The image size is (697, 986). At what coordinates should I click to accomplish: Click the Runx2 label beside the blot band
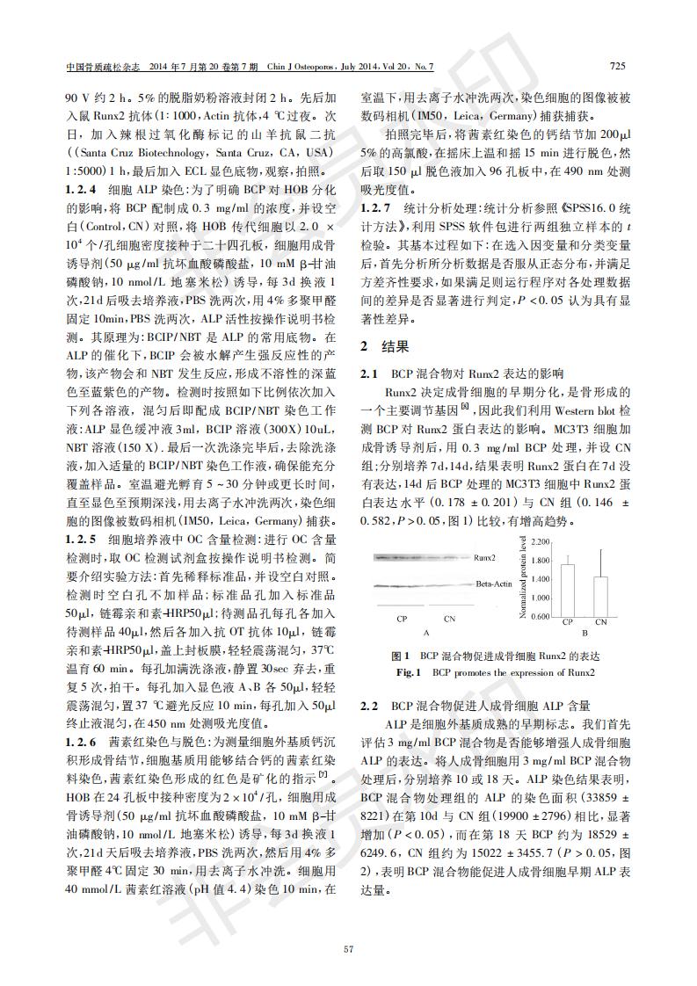(485, 557)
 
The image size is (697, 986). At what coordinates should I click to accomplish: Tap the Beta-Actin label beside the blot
(494, 584)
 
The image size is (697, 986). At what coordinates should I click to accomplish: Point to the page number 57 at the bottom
(349, 948)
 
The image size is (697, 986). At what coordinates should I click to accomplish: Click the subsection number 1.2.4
(81, 188)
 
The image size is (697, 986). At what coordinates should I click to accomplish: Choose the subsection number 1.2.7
(376, 208)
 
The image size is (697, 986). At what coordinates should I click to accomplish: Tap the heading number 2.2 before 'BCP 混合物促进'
(369, 706)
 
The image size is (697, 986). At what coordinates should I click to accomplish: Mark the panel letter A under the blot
(425, 633)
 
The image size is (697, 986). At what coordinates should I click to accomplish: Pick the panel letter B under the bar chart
(584, 633)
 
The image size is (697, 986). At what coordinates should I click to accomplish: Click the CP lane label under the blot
(401, 620)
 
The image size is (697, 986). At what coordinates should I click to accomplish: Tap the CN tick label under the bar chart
(600, 622)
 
